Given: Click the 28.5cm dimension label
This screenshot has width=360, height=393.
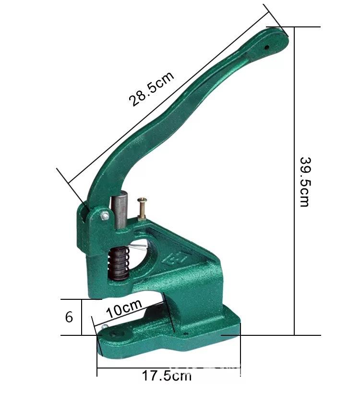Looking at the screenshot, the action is tap(151, 89).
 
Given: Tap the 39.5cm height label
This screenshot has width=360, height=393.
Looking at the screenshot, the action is tap(305, 182).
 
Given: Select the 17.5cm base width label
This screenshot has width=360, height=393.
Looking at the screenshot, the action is tap(167, 376).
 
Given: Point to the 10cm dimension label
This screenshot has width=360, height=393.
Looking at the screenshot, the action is tap(124, 308).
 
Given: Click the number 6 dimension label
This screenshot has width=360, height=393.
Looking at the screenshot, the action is tap(69, 317).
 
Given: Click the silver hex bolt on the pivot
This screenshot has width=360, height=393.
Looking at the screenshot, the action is tap(105, 216).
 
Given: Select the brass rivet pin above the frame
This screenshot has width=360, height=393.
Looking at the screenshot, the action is tap(142, 209).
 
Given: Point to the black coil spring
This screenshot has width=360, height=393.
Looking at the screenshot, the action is tap(119, 263).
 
